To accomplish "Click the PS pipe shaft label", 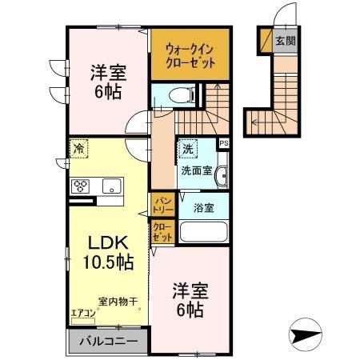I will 223,144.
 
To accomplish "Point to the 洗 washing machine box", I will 187,148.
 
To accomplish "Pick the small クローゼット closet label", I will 161,233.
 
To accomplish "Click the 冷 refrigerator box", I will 79,149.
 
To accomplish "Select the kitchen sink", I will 110,186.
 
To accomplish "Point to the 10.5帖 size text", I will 105,261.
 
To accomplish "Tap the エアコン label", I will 84,312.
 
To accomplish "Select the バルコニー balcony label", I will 108,342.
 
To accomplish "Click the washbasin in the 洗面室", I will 222,175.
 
